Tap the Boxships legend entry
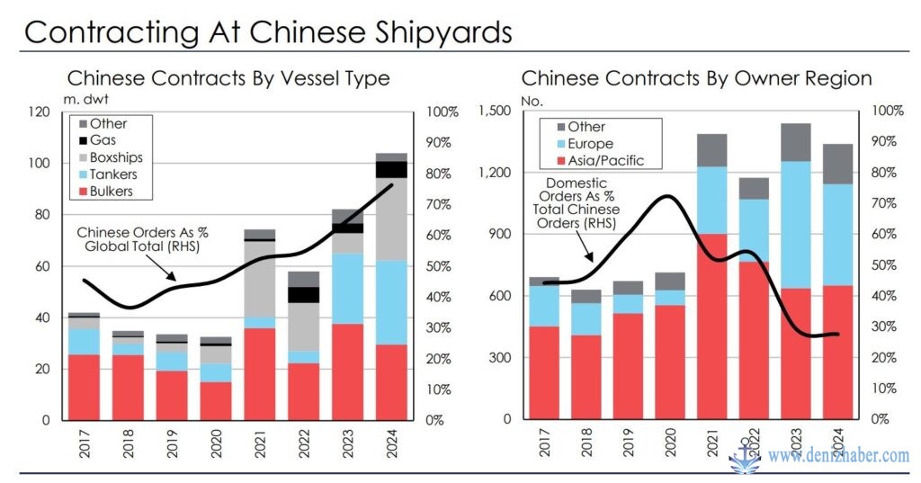click(115, 157)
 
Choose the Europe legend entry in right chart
click(590, 144)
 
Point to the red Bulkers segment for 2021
click(260, 373)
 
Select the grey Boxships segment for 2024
click(391, 219)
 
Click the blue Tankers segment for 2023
click(347, 288)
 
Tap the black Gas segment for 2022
click(303, 294)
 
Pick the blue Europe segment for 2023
click(794, 225)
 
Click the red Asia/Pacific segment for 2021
click(711, 326)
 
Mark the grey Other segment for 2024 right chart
click(838, 164)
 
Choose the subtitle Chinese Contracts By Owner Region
click(696, 78)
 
